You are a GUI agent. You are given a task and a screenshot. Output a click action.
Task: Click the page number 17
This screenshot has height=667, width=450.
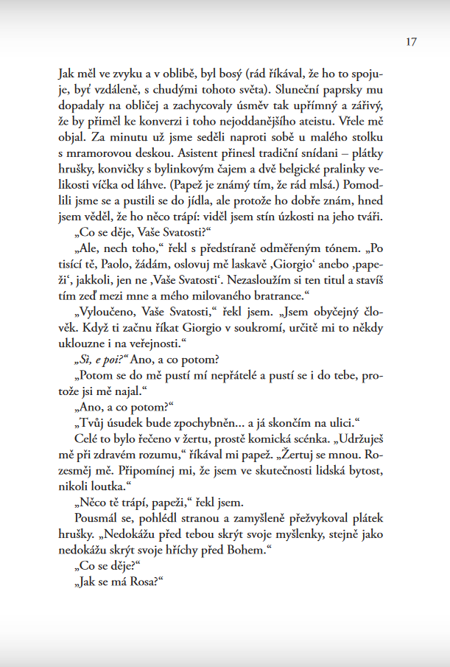tap(411, 41)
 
